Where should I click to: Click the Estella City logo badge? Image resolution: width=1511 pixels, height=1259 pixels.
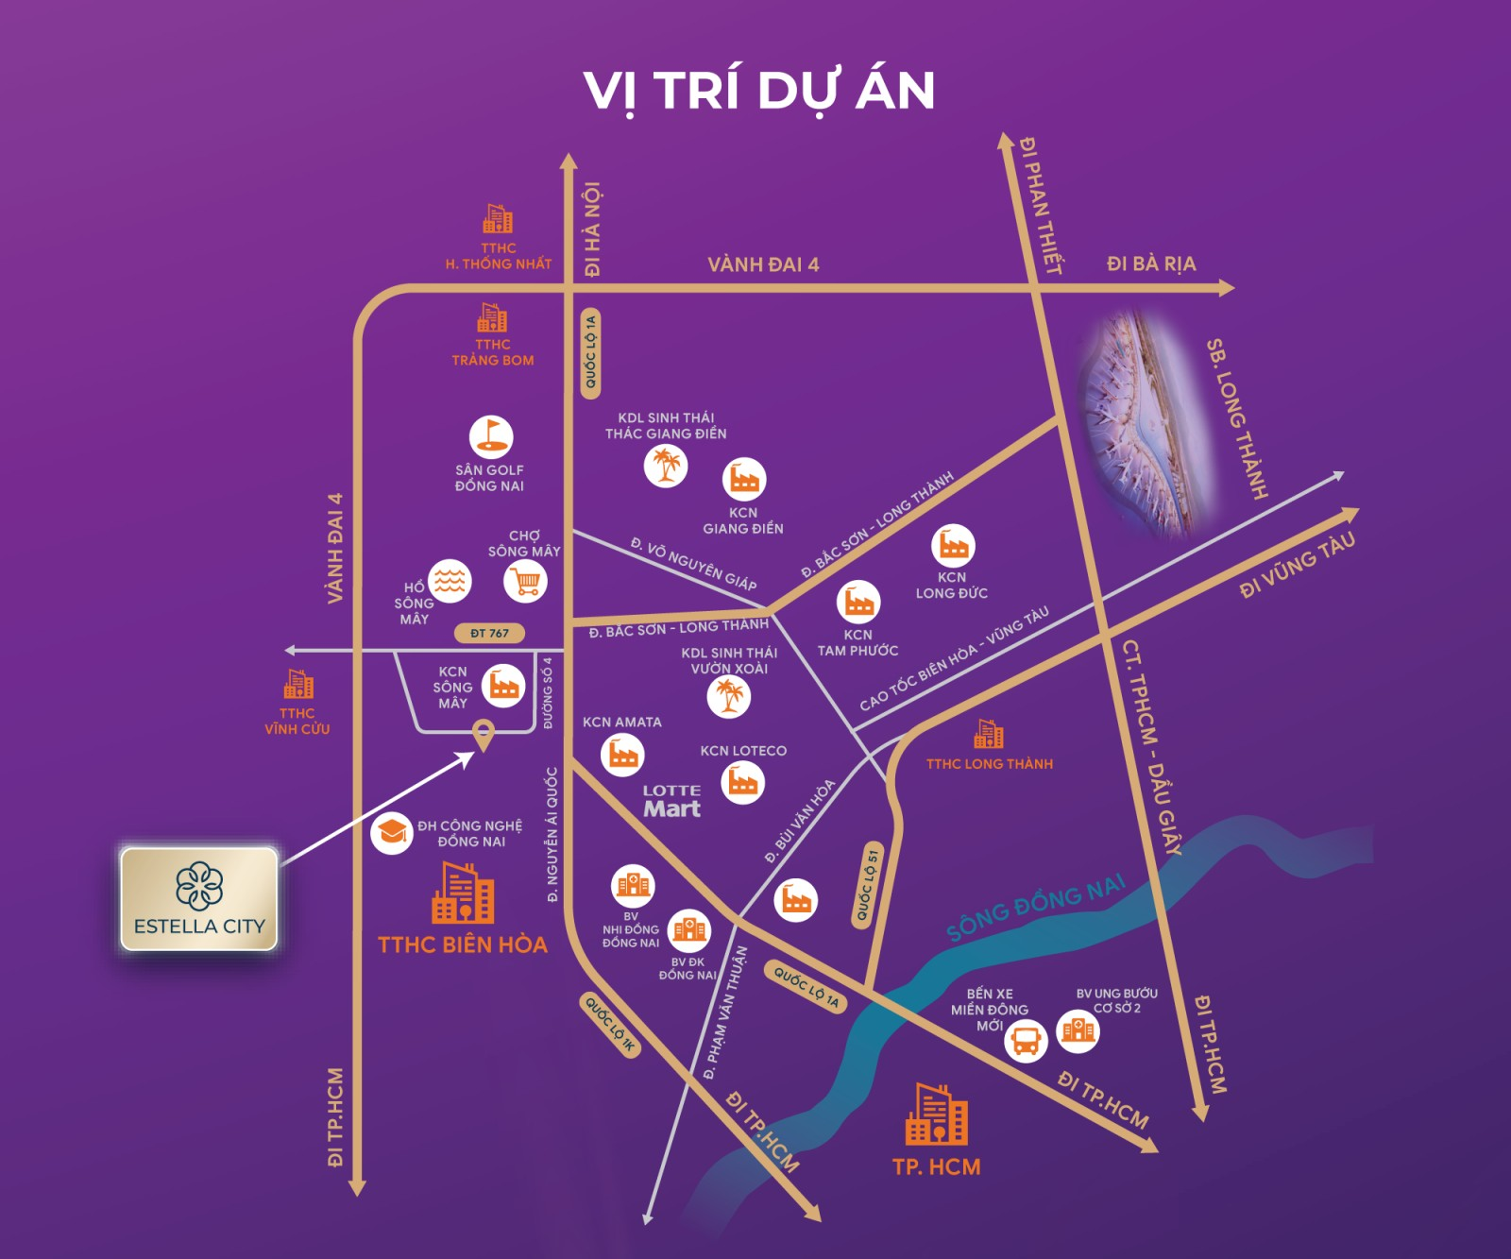(199, 898)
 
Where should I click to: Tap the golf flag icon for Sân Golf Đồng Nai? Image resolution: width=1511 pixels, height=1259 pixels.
(491, 437)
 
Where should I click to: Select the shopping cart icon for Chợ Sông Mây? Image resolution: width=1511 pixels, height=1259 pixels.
(526, 581)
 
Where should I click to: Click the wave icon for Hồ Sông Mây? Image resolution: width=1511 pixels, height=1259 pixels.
(450, 581)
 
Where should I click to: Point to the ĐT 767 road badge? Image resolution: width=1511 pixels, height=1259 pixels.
(489, 633)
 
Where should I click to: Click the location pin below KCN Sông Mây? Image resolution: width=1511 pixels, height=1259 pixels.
(483, 734)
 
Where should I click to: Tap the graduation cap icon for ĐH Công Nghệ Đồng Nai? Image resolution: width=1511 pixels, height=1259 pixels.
(391, 832)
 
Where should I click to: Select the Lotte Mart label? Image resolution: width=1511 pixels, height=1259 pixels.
(671, 801)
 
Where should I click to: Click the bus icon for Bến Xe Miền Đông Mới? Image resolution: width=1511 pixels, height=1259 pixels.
(1026, 1041)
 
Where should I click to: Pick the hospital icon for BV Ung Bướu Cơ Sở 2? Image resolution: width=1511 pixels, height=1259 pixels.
(1078, 1029)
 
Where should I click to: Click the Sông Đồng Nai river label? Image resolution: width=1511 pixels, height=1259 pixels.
(1036, 908)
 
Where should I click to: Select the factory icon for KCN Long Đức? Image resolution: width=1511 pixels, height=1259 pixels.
(953, 546)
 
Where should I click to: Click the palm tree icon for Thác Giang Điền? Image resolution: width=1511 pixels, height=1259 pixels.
(666, 465)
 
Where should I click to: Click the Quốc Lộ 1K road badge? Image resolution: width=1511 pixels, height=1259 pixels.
(610, 1025)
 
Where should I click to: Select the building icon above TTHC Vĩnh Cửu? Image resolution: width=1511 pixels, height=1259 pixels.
(298, 684)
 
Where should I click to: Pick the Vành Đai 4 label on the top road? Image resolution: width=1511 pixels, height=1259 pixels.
(763, 264)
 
